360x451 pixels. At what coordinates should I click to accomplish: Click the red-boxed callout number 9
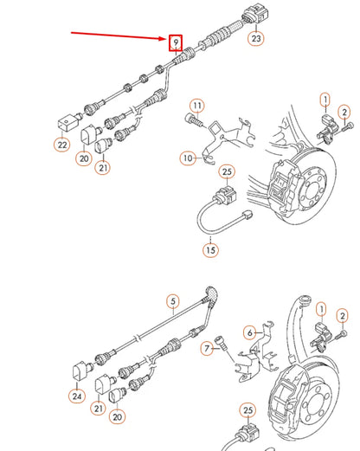175,42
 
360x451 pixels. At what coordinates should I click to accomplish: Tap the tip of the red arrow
166,40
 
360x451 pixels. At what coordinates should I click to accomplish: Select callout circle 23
255,39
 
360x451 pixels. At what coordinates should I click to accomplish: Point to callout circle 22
61,144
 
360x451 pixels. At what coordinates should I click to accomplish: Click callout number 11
196,106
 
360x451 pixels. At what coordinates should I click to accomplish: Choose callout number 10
188,158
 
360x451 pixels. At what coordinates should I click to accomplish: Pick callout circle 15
210,250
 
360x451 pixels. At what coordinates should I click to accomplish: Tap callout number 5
173,303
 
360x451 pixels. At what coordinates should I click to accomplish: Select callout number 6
250,332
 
